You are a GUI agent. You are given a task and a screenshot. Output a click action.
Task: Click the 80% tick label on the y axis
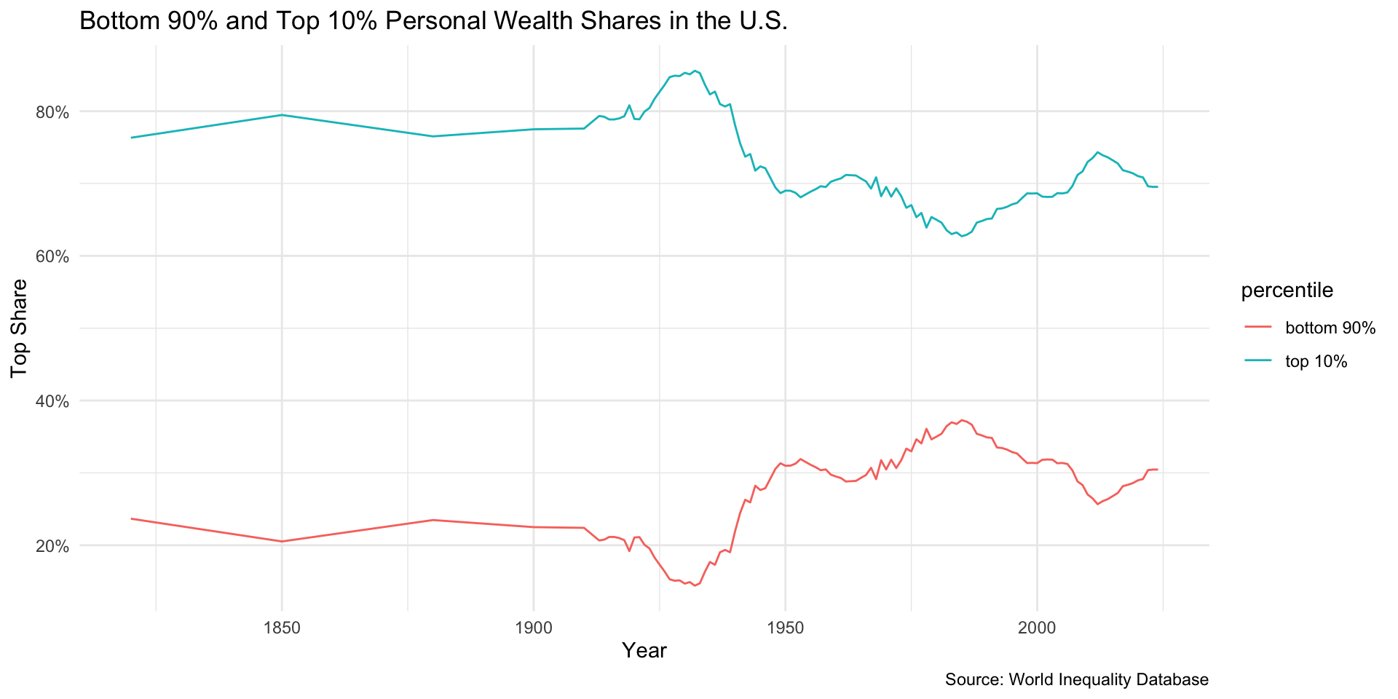(x=53, y=112)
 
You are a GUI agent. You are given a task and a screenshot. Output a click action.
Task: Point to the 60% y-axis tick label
(x=53, y=257)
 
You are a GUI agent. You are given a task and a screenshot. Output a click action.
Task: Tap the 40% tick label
(x=53, y=401)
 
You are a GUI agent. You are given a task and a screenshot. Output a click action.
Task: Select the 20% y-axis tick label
(x=53, y=546)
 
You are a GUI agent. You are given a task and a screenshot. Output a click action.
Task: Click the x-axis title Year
(x=644, y=651)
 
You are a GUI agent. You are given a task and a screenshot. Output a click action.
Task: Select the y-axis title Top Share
(x=20, y=328)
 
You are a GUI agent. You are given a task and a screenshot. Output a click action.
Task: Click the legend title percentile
(x=1287, y=291)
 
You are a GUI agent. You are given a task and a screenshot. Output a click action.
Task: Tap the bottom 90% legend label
(x=1330, y=328)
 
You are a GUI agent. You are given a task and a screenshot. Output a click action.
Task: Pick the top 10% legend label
(x=1316, y=362)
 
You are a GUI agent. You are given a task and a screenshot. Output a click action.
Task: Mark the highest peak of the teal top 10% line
(x=695, y=71)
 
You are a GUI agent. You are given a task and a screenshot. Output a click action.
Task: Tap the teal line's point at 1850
(x=282, y=115)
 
